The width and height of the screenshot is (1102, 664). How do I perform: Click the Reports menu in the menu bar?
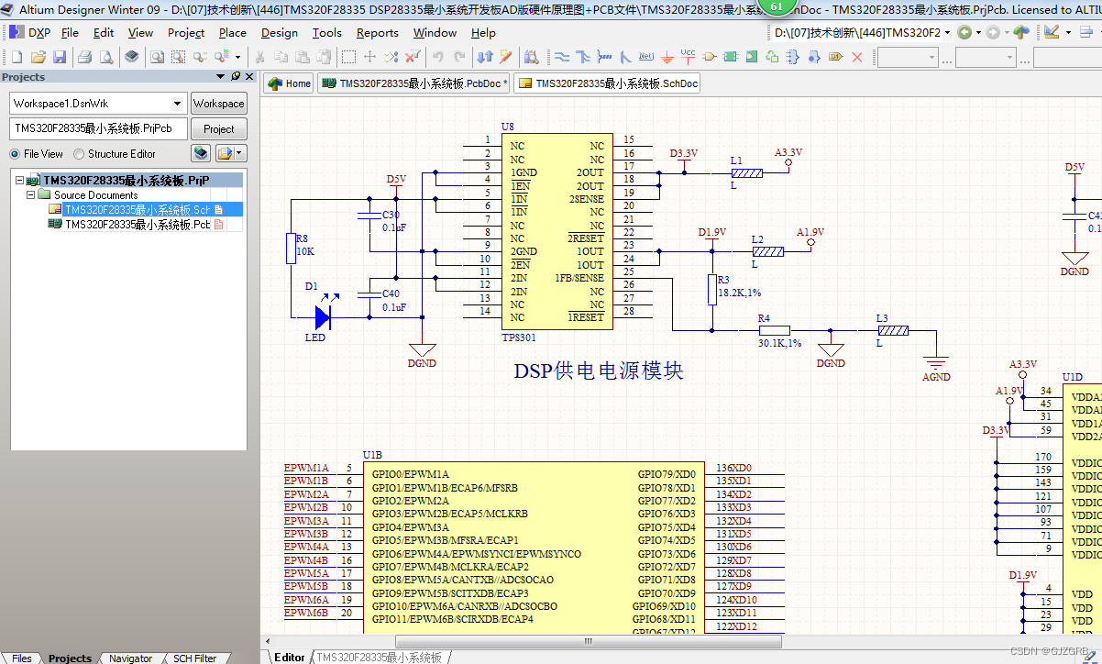pos(377,33)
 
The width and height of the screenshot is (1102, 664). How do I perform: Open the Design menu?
pos(279,33)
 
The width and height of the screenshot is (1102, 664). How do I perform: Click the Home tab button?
pos(289,83)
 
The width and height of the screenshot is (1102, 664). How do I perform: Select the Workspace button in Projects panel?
pos(218,104)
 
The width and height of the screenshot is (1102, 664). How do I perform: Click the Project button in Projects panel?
pos(218,129)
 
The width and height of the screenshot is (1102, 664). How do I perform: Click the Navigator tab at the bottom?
pos(130,658)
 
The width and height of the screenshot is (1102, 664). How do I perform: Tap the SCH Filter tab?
pos(194,658)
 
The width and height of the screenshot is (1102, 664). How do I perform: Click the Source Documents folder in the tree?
pos(95,195)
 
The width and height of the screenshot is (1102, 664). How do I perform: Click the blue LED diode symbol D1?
pos(322,317)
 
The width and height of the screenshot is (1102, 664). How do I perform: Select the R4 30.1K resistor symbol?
pos(774,330)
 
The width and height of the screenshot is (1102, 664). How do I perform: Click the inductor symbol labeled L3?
pos(891,330)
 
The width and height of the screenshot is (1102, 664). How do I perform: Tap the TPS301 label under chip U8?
pos(519,338)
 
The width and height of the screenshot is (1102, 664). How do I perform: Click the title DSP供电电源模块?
pos(598,371)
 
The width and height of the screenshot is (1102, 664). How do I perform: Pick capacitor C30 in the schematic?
pos(369,216)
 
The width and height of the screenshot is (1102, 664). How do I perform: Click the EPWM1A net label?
pos(306,469)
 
